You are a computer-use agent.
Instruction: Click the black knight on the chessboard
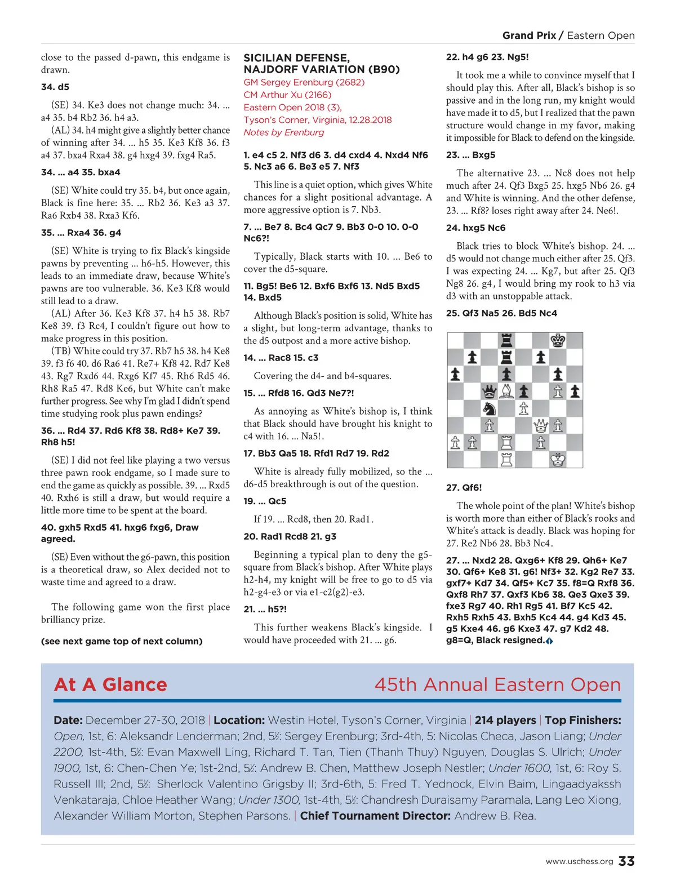[490, 408]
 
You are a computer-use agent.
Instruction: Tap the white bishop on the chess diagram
[506, 391]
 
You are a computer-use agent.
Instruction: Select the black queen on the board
[490, 391]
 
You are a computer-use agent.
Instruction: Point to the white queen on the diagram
[541, 425]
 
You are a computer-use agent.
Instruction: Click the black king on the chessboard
[558, 340]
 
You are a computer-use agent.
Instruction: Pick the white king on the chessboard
[558, 460]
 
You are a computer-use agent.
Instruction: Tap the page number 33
[626, 861]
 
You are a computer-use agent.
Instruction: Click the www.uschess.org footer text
[579, 862]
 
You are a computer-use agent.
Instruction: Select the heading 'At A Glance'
[110, 684]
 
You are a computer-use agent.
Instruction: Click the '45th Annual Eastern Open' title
[497, 684]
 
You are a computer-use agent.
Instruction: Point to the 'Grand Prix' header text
[529, 35]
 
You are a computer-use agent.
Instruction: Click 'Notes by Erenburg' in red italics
[284, 132]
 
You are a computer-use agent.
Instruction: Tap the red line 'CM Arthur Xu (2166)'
[287, 95]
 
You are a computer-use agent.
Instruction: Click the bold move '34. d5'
[55, 87]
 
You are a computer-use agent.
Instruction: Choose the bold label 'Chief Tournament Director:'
[375, 816]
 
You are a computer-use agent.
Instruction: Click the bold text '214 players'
[505, 720]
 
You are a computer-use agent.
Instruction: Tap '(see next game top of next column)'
[122, 641]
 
